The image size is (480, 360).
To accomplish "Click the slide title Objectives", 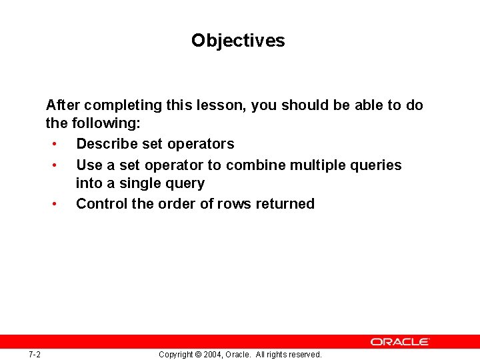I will (x=238, y=41).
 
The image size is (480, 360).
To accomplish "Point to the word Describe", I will (x=107, y=144).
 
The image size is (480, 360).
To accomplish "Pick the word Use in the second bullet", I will (x=89, y=165).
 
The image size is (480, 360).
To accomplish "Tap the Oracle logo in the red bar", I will (x=400, y=341).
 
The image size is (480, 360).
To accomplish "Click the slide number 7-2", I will (x=35, y=354).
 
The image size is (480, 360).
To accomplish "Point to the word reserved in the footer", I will (x=304, y=355).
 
